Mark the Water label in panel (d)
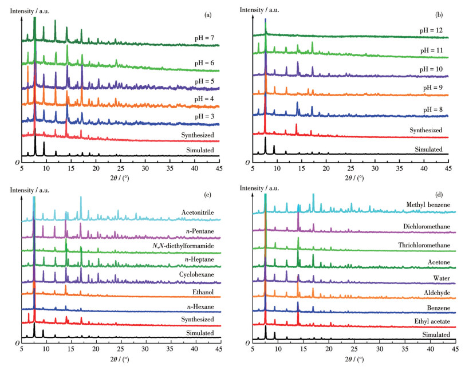click(442, 277)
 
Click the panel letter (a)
click(211, 10)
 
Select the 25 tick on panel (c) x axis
click(121, 348)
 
